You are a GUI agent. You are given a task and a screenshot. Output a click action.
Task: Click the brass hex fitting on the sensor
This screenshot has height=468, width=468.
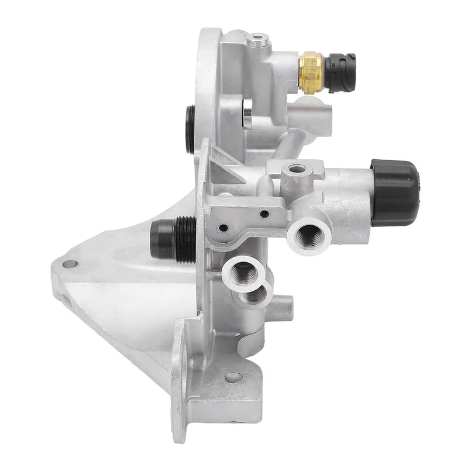tap(311, 72)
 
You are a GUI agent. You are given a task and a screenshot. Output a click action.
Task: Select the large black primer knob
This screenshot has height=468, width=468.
tap(395, 192)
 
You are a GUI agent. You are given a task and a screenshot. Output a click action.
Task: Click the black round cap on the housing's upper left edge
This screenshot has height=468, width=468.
tap(190, 129)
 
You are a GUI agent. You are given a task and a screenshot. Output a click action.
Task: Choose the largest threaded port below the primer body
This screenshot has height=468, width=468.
tap(308, 236)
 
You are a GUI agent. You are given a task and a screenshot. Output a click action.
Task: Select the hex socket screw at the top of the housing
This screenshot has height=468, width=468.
tap(257, 40)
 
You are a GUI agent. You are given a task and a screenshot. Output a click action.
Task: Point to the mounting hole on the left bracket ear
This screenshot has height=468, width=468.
tap(70, 264)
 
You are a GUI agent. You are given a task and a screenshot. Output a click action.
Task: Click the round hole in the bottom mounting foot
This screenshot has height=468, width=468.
tap(233, 377)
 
